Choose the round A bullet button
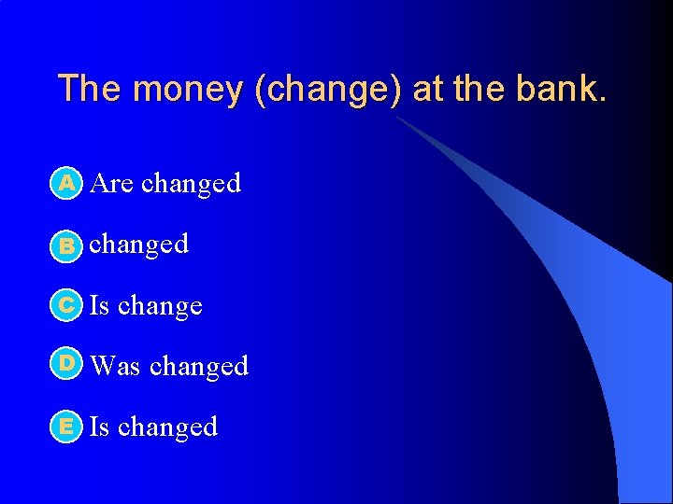[x=66, y=184]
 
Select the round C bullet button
[x=66, y=305]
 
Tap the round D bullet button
[x=66, y=365]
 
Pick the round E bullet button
[x=66, y=427]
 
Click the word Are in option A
[x=112, y=184]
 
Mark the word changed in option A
[x=191, y=184]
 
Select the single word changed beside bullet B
[x=138, y=245]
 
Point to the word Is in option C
[x=99, y=305]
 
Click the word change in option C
[x=160, y=306]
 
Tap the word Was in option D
[x=115, y=366]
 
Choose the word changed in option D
[x=198, y=366]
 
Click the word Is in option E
[x=99, y=427]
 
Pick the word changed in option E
[x=167, y=427]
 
